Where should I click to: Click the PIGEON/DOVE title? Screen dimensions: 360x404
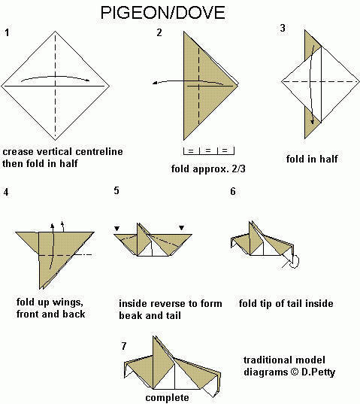pos(162,13)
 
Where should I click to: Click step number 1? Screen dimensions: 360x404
pos(7,32)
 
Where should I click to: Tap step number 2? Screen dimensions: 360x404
pos(159,32)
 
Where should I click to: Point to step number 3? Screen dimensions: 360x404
pos(283,28)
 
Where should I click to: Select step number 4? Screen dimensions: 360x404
pos(6,192)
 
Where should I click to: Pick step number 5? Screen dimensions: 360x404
pos(116,190)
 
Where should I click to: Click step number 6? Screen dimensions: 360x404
pos(233,191)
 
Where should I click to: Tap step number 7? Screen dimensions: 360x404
pos(124,346)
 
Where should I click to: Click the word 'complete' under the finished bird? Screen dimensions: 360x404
pos(167,398)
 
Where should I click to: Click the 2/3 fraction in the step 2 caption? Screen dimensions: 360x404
pos(238,169)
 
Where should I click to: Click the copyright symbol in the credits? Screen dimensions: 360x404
pos(295,372)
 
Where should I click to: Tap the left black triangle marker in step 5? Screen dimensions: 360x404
pos(117,229)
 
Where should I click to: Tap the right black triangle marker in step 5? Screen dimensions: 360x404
pos(182,228)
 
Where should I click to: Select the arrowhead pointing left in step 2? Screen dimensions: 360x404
pos(155,83)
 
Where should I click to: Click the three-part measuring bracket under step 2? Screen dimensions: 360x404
pos(209,151)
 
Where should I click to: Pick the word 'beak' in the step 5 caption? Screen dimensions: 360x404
pos(129,316)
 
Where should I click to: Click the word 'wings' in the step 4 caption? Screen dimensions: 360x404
pos(68,302)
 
